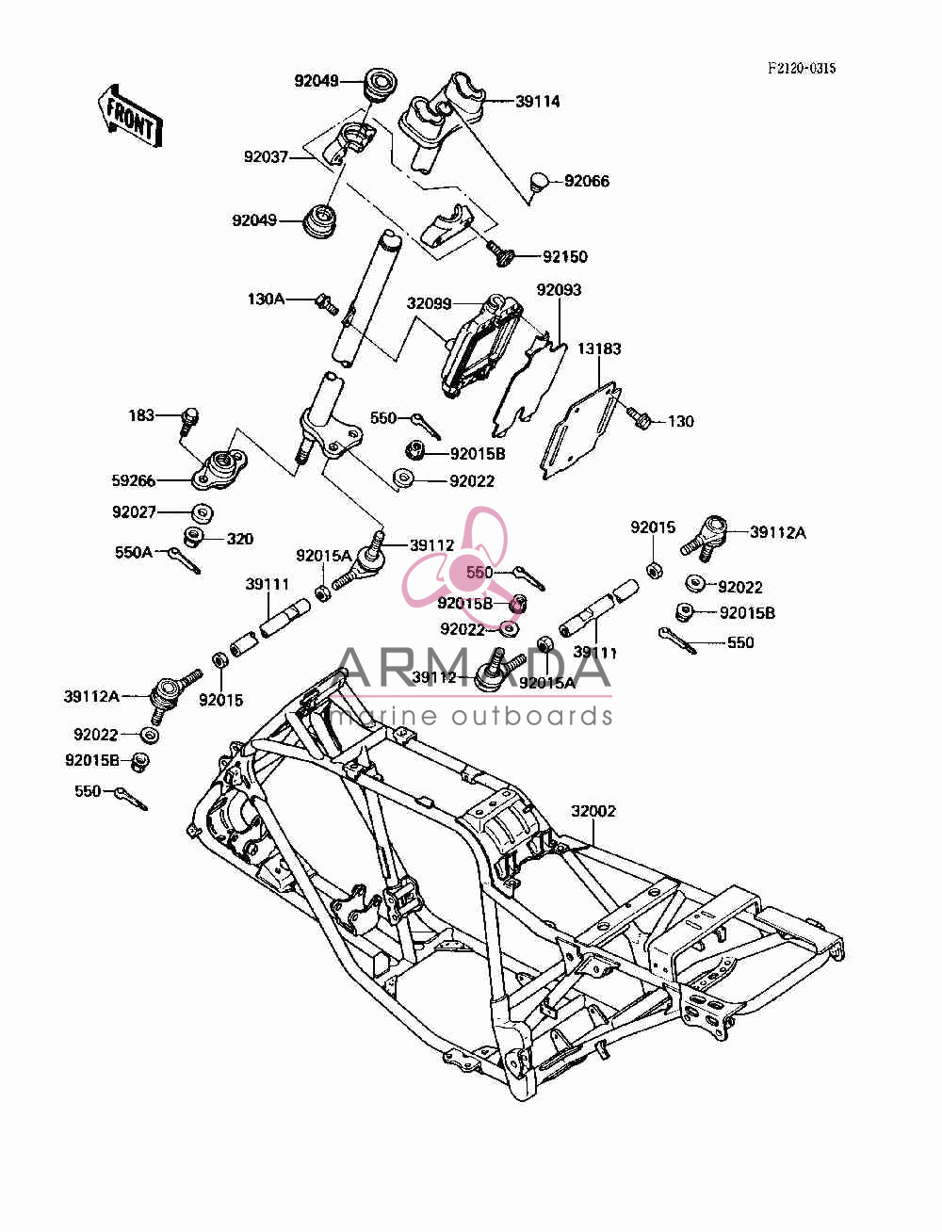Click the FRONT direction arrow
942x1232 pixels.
131,117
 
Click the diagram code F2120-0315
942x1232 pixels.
802,69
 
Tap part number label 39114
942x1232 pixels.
537,102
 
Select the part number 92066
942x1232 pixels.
587,181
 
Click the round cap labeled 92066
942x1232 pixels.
540,182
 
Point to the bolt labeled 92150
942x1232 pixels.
498,253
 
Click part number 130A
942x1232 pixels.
266,300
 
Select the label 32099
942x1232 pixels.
430,303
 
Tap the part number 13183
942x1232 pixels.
599,349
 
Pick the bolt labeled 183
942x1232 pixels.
189,421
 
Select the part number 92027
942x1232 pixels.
134,511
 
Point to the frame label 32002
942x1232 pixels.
593,811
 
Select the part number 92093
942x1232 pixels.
559,290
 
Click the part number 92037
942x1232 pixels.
266,156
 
